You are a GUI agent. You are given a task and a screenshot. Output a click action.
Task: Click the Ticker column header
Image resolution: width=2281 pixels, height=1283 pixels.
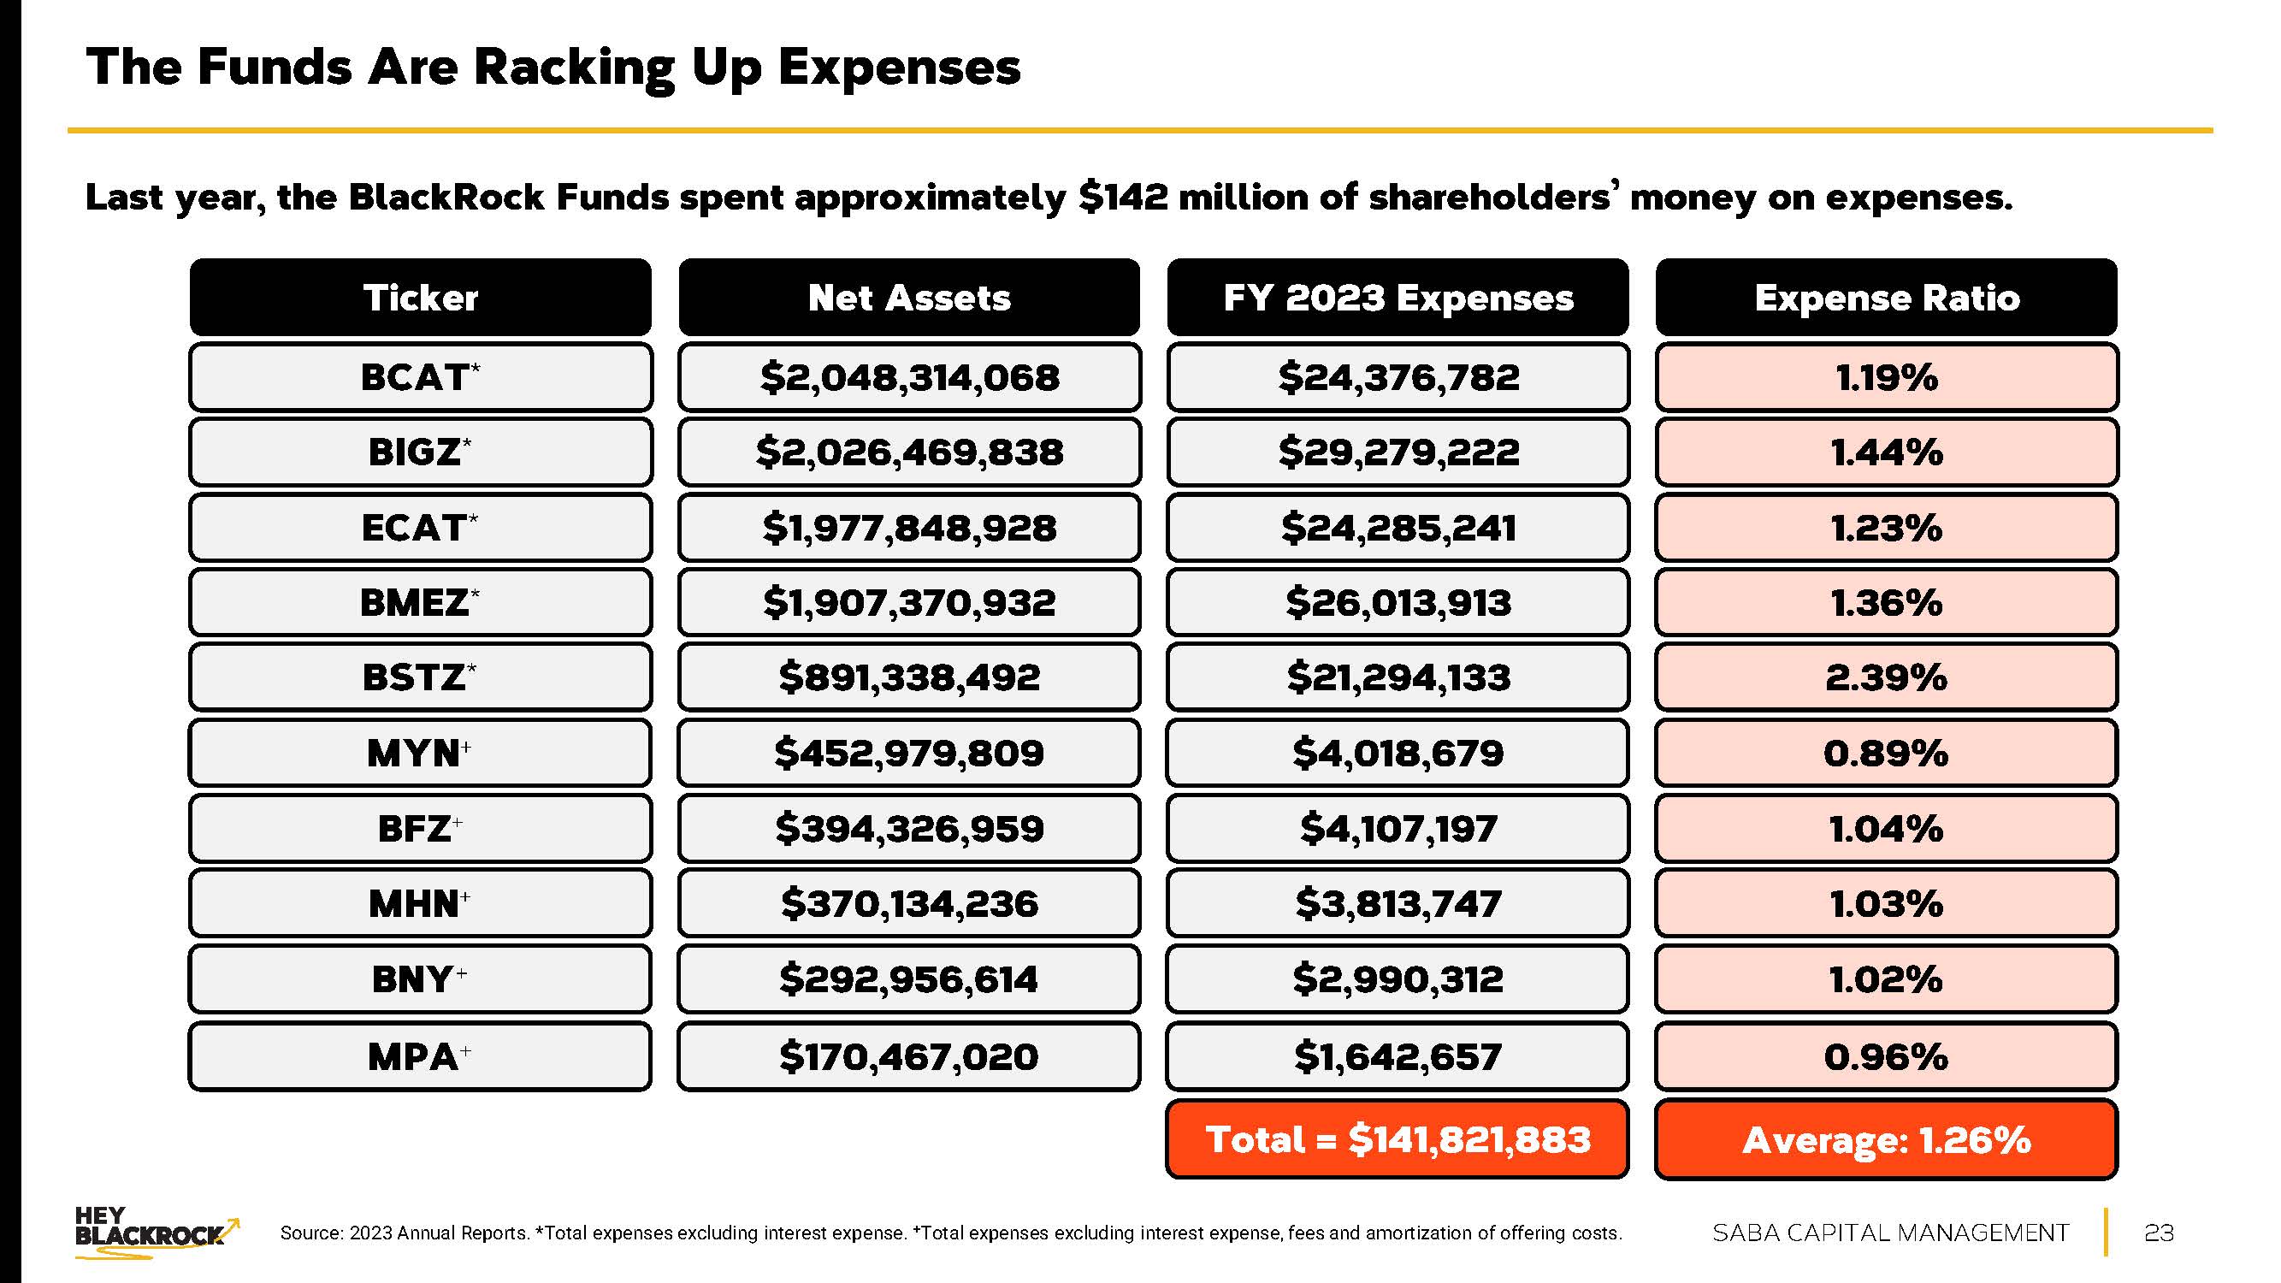click(421, 298)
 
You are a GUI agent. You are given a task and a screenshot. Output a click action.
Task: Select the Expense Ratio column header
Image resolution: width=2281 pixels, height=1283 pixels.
click(1886, 298)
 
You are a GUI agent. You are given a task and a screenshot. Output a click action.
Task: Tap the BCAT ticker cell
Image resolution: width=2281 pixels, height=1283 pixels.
click(421, 377)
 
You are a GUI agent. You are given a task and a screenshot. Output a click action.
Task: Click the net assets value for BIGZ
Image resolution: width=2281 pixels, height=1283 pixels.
click(909, 452)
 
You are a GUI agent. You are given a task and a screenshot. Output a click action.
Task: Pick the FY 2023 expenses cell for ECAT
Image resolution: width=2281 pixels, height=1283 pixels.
click(1398, 528)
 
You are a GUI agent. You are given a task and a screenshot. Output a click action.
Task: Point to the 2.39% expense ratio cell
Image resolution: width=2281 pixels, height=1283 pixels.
click(1886, 678)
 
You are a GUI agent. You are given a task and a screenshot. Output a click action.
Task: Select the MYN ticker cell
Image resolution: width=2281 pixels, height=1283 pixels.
click(421, 754)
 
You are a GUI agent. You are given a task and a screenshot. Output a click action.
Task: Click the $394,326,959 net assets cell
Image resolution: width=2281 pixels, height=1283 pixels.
click(909, 829)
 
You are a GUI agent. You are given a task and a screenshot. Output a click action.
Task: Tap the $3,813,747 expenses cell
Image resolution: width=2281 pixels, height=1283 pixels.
click(1398, 904)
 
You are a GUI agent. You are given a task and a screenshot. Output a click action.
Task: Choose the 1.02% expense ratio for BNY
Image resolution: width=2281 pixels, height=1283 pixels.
click(1886, 979)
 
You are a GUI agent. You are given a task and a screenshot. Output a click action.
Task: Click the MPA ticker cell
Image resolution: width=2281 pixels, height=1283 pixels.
click(421, 1056)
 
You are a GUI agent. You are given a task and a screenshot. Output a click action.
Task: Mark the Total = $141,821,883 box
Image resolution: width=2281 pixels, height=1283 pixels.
click(1398, 1139)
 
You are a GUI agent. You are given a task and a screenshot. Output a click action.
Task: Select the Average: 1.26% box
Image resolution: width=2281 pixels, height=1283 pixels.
click(1886, 1139)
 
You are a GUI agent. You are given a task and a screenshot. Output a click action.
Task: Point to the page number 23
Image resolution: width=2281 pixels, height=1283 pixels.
click(2159, 1233)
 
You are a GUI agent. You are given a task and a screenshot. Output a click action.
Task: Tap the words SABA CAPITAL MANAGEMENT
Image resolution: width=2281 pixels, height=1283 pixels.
click(1890, 1233)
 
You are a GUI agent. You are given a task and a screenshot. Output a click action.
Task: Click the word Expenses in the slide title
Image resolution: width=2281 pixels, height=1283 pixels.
click(899, 68)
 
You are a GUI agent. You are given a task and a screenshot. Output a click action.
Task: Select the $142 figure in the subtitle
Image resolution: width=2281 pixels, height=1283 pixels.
click(1124, 197)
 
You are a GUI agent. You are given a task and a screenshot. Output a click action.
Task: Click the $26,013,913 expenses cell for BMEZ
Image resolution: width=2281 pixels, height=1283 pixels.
click(1398, 603)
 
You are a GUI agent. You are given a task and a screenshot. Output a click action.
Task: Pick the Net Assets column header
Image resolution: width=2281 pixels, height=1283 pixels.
click(909, 298)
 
